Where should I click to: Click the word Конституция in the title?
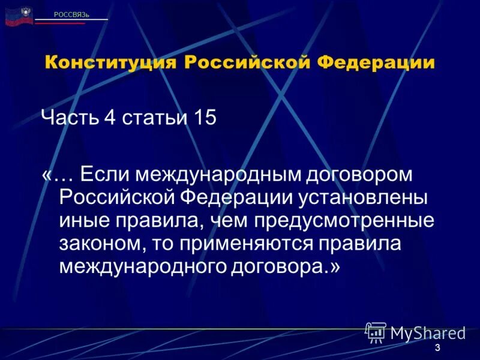pos(110,63)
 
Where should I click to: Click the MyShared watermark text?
pos(427,333)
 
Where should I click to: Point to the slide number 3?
pos(437,349)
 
